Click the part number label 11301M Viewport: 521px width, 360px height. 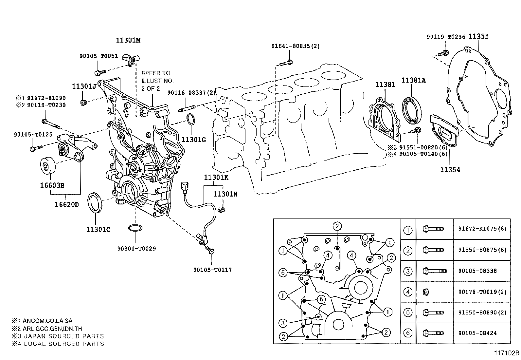pos(128,40)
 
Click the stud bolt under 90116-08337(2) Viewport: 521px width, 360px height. pos(187,108)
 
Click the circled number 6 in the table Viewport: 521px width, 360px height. pos(408,333)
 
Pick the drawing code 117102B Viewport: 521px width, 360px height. pos(507,353)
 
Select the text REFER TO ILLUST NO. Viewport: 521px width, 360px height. pos(157,77)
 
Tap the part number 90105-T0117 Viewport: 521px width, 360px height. pos(212,270)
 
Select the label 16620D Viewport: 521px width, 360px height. pos(66,205)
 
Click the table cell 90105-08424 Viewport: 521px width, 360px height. pos(477,333)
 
